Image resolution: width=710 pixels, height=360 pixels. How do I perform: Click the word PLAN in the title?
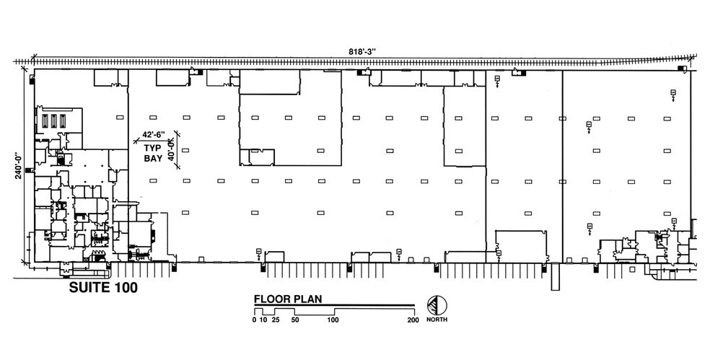pos(307,298)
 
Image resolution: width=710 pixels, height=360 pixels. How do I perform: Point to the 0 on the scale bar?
pos(254,320)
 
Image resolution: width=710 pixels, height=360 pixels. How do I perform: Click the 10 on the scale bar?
pos(263,320)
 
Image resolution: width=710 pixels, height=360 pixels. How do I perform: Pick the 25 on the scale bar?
pos(275,320)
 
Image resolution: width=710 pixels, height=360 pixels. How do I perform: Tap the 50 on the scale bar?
pos(294,320)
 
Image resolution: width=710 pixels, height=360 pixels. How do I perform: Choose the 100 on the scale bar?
pos(333,320)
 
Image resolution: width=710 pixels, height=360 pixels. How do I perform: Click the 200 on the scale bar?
pos(413,320)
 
